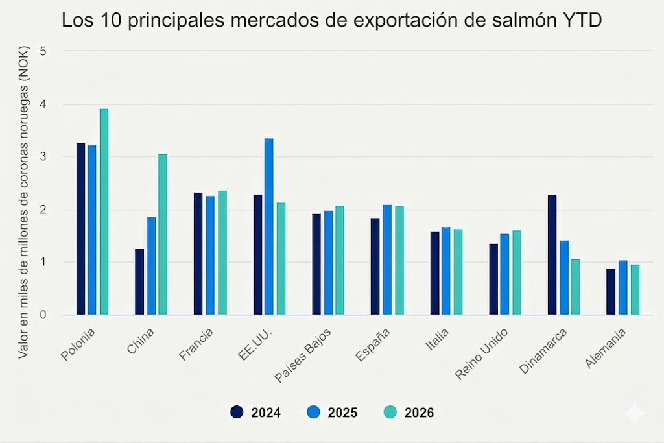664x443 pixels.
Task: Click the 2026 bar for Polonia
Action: (104, 211)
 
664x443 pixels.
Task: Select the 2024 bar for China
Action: (139, 282)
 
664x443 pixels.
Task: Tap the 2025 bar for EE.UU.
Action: (269, 226)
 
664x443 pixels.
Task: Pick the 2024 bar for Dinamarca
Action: (552, 255)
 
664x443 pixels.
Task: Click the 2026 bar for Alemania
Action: (635, 290)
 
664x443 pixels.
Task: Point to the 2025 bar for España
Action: (387, 260)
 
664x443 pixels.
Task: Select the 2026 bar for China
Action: (163, 235)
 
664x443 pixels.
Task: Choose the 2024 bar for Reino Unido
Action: (493, 279)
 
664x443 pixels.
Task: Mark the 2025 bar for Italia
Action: (446, 271)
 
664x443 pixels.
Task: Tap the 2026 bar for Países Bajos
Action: (340, 261)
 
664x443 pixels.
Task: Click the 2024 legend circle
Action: (237, 412)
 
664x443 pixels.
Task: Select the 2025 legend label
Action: (342, 413)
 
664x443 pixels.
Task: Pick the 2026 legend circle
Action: (390, 412)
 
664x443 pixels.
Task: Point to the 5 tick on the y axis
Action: (43, 51)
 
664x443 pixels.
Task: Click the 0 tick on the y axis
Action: (43, 315)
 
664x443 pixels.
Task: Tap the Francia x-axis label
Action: (196, 345)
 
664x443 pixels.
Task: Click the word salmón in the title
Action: (519, 20)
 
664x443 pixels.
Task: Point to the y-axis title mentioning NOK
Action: (23, 202)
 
